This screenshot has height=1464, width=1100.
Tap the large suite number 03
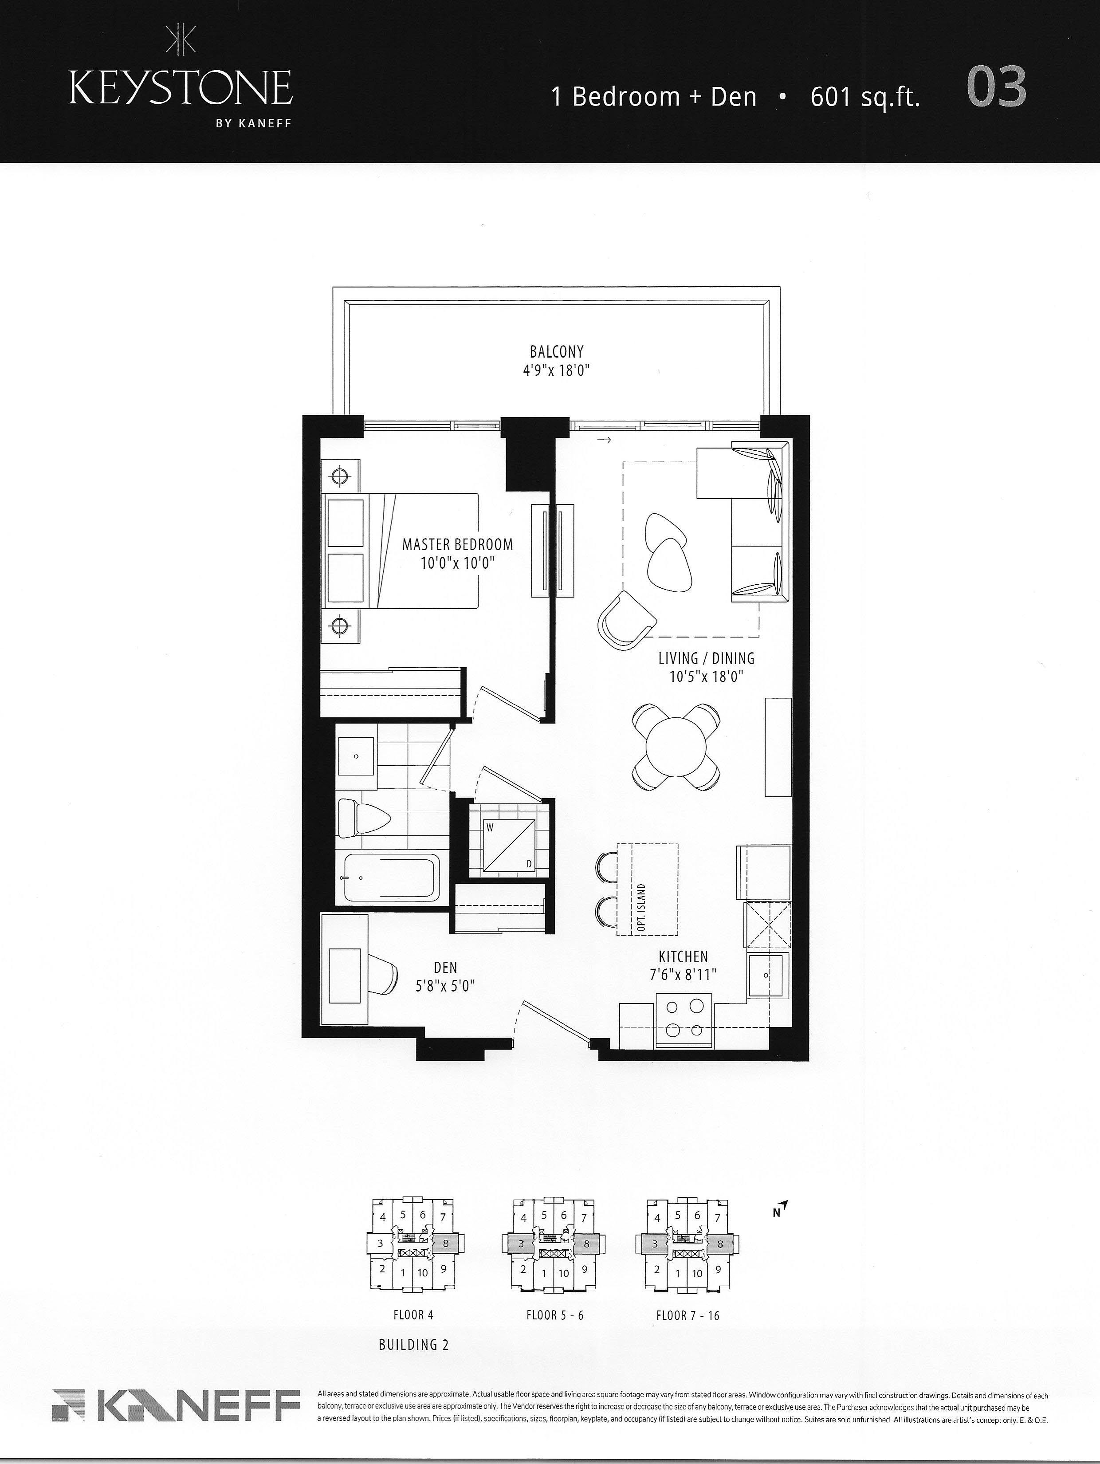click(x=996, y=87)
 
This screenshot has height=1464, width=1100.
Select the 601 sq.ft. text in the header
click(x=865, y=97)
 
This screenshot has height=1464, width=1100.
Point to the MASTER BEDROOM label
click(x=457, y=545)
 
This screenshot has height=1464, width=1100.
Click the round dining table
click(x=676, y=747)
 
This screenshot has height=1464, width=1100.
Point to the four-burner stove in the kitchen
click(x=684, y=1020)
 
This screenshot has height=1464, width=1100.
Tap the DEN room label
click(x=445, y=968)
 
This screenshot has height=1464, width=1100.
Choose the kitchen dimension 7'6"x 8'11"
click(x=683, y=974)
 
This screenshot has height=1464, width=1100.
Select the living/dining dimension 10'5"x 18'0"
click(x=706, y=677)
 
